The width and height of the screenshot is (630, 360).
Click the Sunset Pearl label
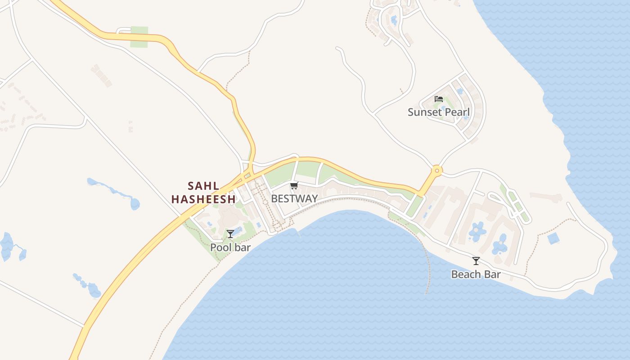(438, 112)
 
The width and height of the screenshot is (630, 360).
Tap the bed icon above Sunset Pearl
(439, 99)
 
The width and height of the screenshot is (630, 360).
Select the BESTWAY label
(294, 198)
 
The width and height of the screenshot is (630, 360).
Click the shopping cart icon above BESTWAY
(294, 185)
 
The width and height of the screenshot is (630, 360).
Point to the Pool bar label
(230, 247)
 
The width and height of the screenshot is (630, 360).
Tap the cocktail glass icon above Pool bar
(230, 234)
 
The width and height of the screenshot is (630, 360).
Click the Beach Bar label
(476, 274)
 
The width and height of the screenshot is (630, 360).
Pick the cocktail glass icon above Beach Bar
(476, 261)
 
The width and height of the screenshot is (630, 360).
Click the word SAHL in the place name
(203, 186)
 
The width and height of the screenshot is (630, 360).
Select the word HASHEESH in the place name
(203, 199)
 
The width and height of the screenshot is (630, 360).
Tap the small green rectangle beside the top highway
(139, 37)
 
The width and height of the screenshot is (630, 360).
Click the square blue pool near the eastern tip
(553, 238)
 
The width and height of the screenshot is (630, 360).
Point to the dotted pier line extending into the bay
(427, 265)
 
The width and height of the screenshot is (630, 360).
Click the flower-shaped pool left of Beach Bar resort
(477, 231)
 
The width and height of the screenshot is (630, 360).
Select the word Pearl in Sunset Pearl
(458, 112)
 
